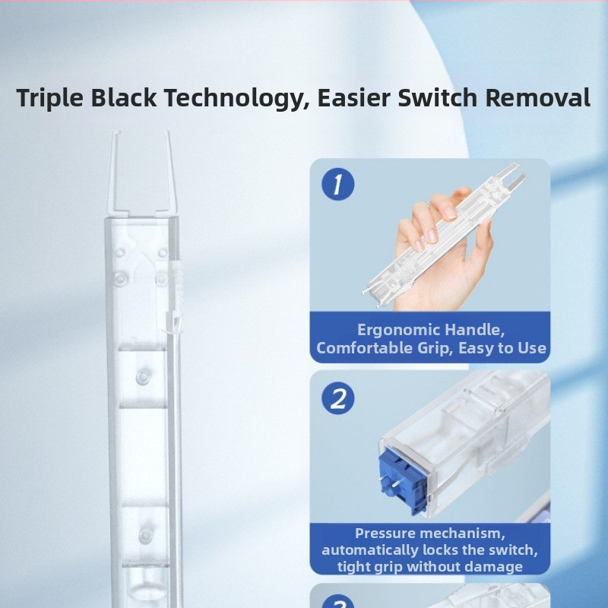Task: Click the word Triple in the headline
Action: coord(49,98)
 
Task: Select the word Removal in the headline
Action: coord(538,97)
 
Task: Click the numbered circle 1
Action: coord(337,184)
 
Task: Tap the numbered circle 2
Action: coord(337,398)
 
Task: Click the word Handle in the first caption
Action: coord(474,330)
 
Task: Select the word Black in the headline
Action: coord(124,97)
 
